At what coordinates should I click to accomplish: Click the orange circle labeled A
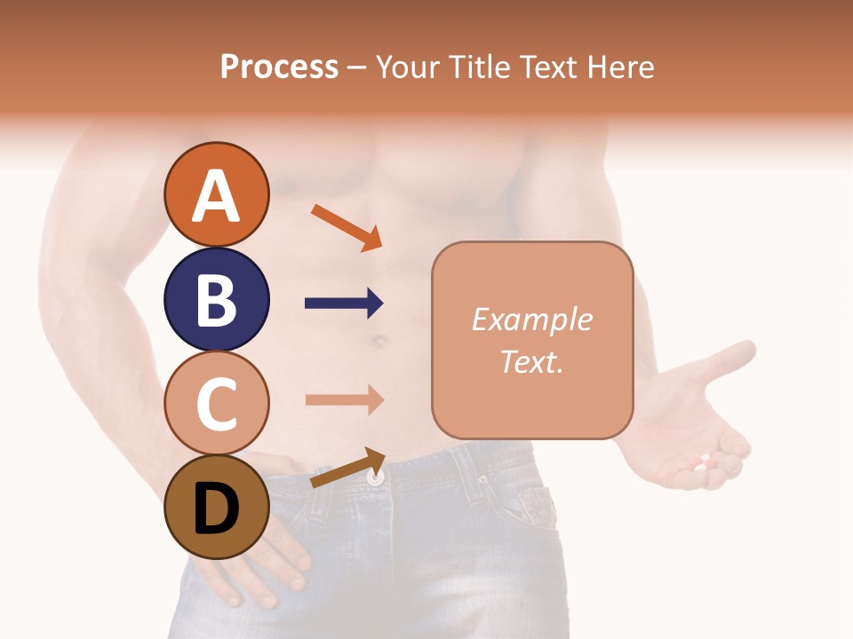pyautogui.click(x=216, y=194)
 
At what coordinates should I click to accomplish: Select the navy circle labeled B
pyautogui.click(x=216, y=299)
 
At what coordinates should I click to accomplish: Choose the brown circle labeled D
pyautogui.click(x=216, y=507)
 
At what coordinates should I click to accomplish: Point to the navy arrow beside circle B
pyautogui.click(x=344, y=304)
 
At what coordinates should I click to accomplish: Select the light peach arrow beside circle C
pyautogui.click(x=344, y=399)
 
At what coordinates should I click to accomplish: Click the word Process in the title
pyautogui.click(x=279, y=67)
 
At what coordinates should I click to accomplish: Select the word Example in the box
pyautogui.click(x=531, y=319)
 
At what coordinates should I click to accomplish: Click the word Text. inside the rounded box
pyautogui.click(x=531, y=361)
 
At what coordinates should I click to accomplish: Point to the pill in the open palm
pyautogui.click(x=705, y=462)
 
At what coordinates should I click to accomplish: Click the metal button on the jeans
pyautogui.click(x=376, y=477)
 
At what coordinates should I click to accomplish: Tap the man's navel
pyautogui.click(x=379, y=340)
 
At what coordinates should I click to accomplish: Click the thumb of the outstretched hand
pyautogui.click(x=729, y=359)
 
